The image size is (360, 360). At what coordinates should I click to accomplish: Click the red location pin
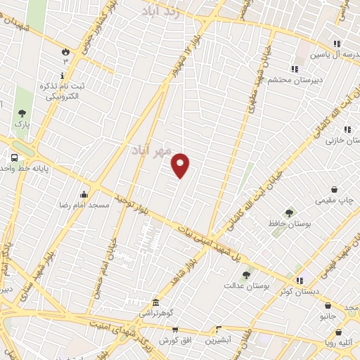[181, 165]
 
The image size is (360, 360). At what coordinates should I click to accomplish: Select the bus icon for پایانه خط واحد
[14, 157]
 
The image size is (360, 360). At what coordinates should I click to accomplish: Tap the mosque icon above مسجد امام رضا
[84, 194]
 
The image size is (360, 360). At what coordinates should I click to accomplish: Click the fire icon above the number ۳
[65, 51]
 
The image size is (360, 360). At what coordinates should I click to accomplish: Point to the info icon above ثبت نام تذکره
[63, 75]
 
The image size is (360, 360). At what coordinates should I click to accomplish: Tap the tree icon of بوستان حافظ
[288, 213]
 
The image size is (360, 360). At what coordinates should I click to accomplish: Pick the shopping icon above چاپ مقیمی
[335, 190]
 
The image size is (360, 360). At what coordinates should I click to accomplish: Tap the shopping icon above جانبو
[328, 305]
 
